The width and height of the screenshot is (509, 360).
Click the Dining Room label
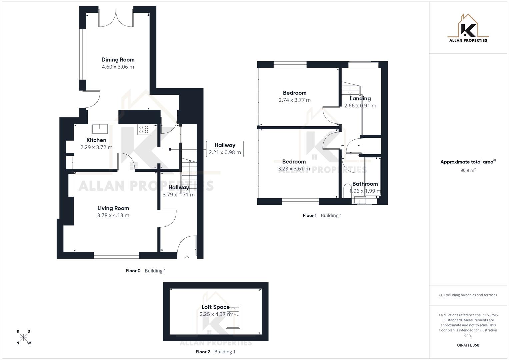click(x=118, y=60)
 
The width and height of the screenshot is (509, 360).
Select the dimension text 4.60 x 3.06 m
click(x=118, y=67)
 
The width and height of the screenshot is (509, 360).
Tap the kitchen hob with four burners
click(x=144, y=129)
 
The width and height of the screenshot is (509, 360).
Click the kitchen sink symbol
click(x=100, y=128)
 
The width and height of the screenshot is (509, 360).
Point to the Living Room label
click(x=113, y=208)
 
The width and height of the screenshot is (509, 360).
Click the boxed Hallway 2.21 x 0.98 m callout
click(x=225, y=149)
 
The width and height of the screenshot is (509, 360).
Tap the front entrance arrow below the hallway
click(x=187, y=257)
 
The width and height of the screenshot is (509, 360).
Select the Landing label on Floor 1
click(x=360, y=99)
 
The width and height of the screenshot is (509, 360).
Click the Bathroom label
click(x=365, y=184)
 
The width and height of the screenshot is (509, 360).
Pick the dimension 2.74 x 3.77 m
click(x=295, y=100)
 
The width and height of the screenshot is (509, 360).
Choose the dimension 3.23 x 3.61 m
click(x=294, y=169)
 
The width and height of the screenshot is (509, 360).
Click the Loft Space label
click(x=215, y=307)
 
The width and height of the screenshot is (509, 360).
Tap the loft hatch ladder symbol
click(x=233, y=317)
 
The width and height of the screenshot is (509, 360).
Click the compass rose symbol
click(x=24, y=337)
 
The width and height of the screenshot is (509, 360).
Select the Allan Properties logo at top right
click(x=468, y=29)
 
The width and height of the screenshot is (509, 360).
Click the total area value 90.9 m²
click(x=468, y=170)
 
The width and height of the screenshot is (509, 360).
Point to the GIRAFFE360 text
click(x=468, y=345)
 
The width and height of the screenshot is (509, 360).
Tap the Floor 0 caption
click(x=133, y=271)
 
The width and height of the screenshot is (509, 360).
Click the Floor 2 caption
click(x=203, y=352)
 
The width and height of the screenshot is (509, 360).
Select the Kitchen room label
click(x=96, y=140)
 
